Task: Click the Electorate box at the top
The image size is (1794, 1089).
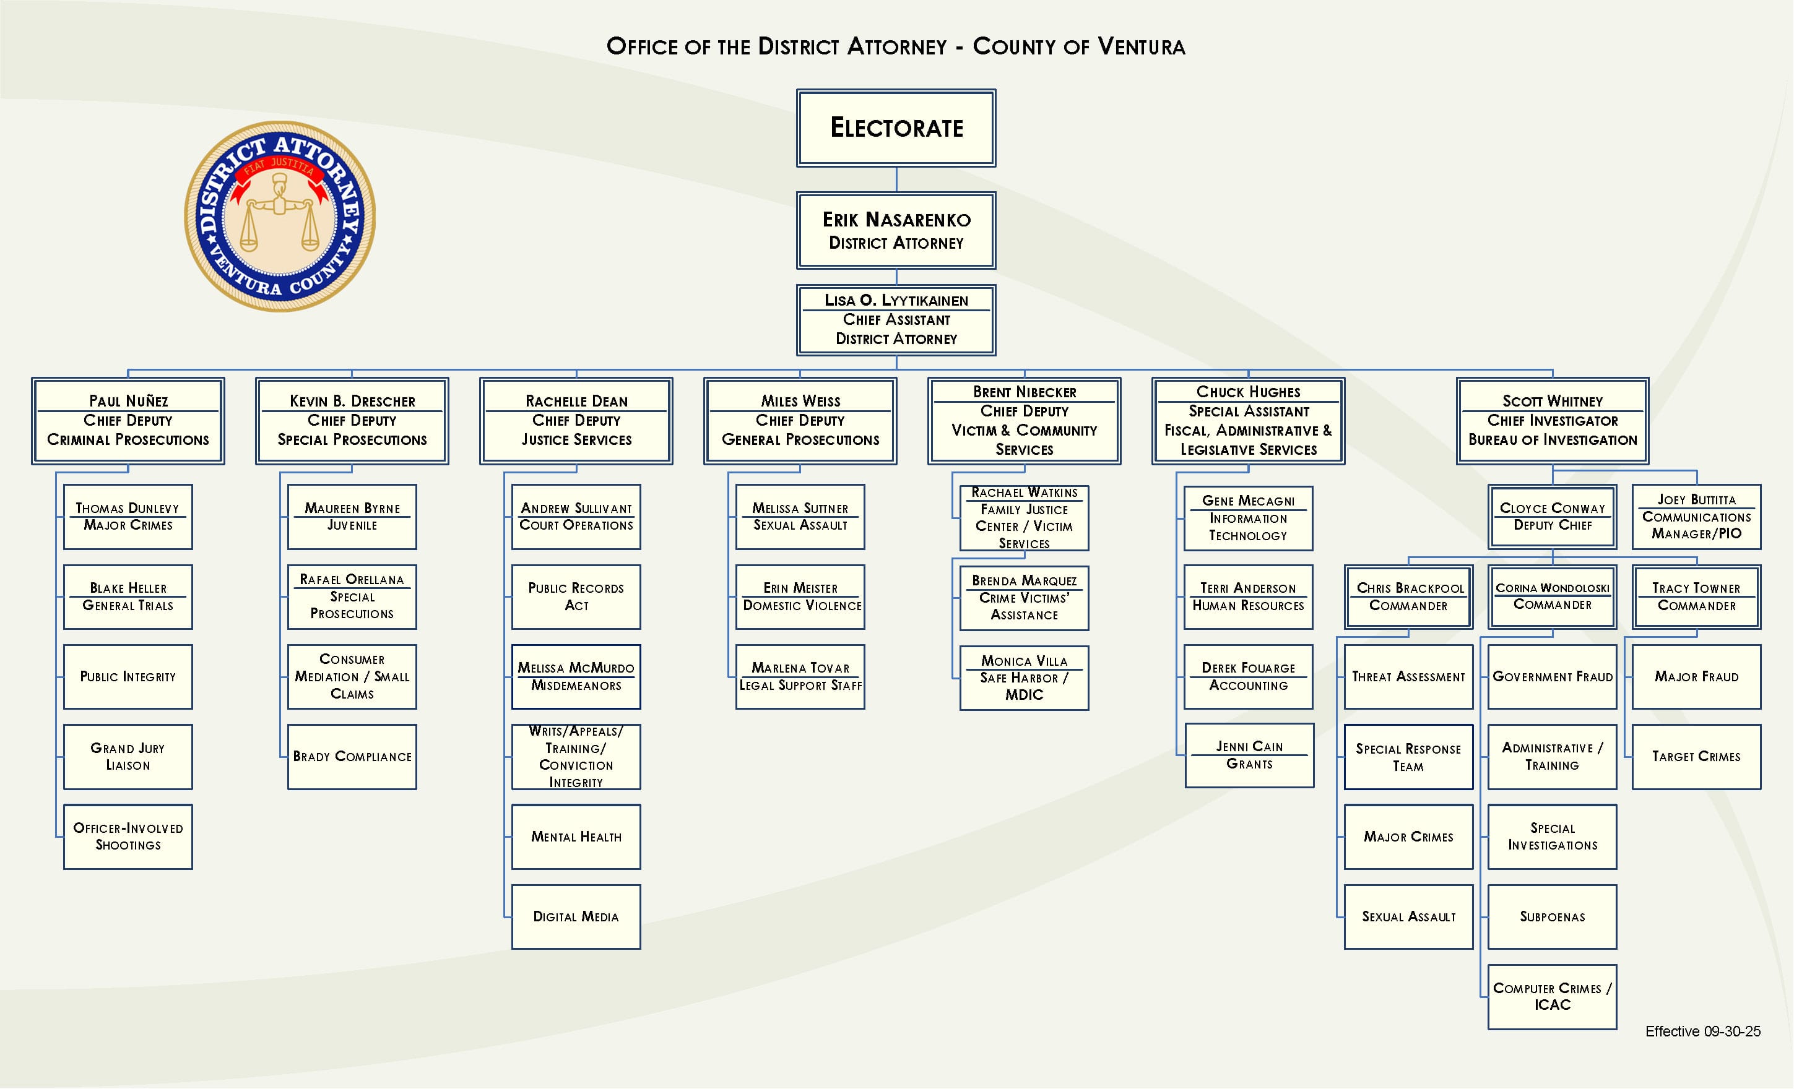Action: click(x=896, y=128)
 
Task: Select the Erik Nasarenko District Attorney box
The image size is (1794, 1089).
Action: click(x=896, y=230)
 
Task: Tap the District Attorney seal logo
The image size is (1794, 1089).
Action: click(x=280, y=216)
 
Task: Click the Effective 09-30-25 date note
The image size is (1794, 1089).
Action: click(x=1702, y=1031)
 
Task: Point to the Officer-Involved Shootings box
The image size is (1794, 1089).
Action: click(x=128, y=837)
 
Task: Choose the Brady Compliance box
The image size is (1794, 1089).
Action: click(x=352, y=756)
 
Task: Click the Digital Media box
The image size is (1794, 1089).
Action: click(x=576, y=916)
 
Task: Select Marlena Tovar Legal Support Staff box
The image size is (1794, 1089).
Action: click(x=800, y=676)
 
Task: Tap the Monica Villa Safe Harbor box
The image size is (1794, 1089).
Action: click(x=1025, y=678)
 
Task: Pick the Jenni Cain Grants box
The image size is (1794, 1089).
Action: click(x=1249, y=755)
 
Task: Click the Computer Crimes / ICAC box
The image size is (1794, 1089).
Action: click(x=1553, y=997)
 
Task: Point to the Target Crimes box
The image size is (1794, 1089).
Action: click(x=1696, y=756)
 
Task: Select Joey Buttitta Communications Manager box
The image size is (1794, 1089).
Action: click(x=1696, y=517)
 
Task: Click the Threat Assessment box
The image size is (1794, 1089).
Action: click(x=1408, y=676)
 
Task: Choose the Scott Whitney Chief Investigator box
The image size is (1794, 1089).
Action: click(x=1553, y=421)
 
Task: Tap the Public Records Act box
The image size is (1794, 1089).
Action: click(x=576, y=596)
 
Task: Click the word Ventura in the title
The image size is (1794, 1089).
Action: click(x=1141, y=46)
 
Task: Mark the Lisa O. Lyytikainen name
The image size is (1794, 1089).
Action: click(x=896, y=300)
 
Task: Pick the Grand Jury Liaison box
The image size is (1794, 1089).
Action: click(x=128, y=756)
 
